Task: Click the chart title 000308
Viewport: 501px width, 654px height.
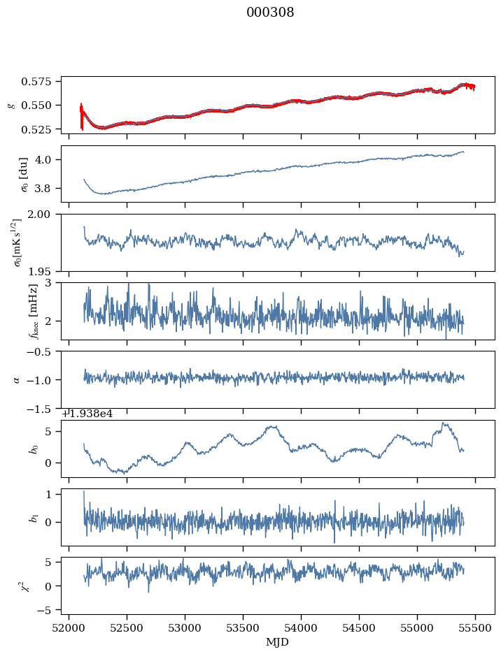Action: (x=270, y=13)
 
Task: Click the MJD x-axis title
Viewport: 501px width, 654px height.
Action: (x=278, y=642)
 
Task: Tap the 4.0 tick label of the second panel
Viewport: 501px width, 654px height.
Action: (x=48, y=159)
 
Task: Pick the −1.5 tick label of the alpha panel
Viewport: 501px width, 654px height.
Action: (x=44, y=409)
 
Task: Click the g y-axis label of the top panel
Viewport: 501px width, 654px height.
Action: (x=10, y=105)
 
